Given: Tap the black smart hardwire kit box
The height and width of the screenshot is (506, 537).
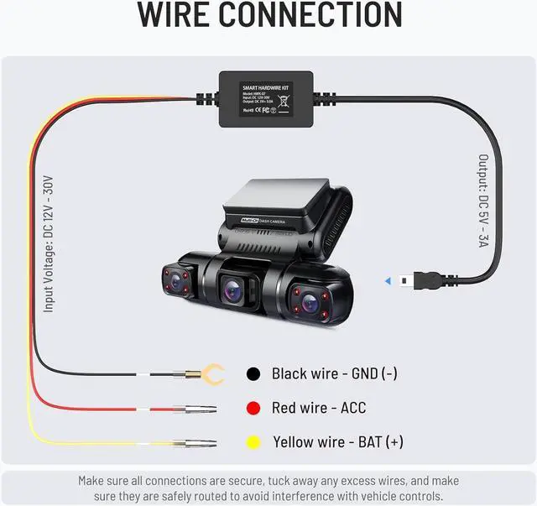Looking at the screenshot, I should pos(268,99).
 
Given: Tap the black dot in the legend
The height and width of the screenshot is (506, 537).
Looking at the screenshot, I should pos(252,374).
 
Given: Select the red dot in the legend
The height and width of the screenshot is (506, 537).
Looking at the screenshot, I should pos(252,409).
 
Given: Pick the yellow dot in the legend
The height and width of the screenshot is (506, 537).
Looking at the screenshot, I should pos(252,442).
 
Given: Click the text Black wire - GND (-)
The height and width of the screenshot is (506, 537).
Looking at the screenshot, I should pos(334,374).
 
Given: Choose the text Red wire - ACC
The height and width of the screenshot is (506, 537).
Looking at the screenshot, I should pos(319,409).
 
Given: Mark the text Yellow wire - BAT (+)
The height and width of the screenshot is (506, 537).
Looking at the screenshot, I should pos(337,442).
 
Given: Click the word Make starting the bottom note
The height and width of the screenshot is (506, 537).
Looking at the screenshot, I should pos(94,481).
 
